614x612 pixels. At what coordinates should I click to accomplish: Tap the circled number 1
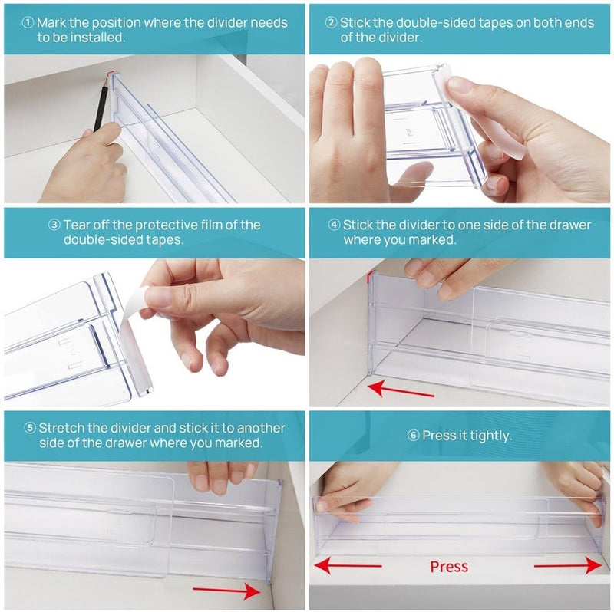click(x=28, y=23)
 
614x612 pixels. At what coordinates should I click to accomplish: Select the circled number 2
click(x=331, y=23)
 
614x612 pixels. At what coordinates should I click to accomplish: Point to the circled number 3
click(x=54, y=225)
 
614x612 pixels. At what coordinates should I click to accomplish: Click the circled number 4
click(x=334, y=225)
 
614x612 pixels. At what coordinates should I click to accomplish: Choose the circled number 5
click(x=30, y=428)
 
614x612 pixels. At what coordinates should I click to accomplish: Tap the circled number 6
click(x=413, y=435)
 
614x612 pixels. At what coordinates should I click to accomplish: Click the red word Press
click(x=449, y=567)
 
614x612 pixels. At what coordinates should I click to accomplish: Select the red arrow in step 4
click(x=401, y=390)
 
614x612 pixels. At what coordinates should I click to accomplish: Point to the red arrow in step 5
click(x=226, y=591)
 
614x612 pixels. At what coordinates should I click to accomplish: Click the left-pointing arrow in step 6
click(x=348, y=566)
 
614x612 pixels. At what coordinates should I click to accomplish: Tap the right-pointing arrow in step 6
click(x=568, y=566)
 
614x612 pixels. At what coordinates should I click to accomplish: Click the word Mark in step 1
click(x=51, y=23)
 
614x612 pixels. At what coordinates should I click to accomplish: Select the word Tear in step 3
click(x=78, y=225)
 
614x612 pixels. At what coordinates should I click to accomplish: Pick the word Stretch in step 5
click(x=61, y=428)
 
